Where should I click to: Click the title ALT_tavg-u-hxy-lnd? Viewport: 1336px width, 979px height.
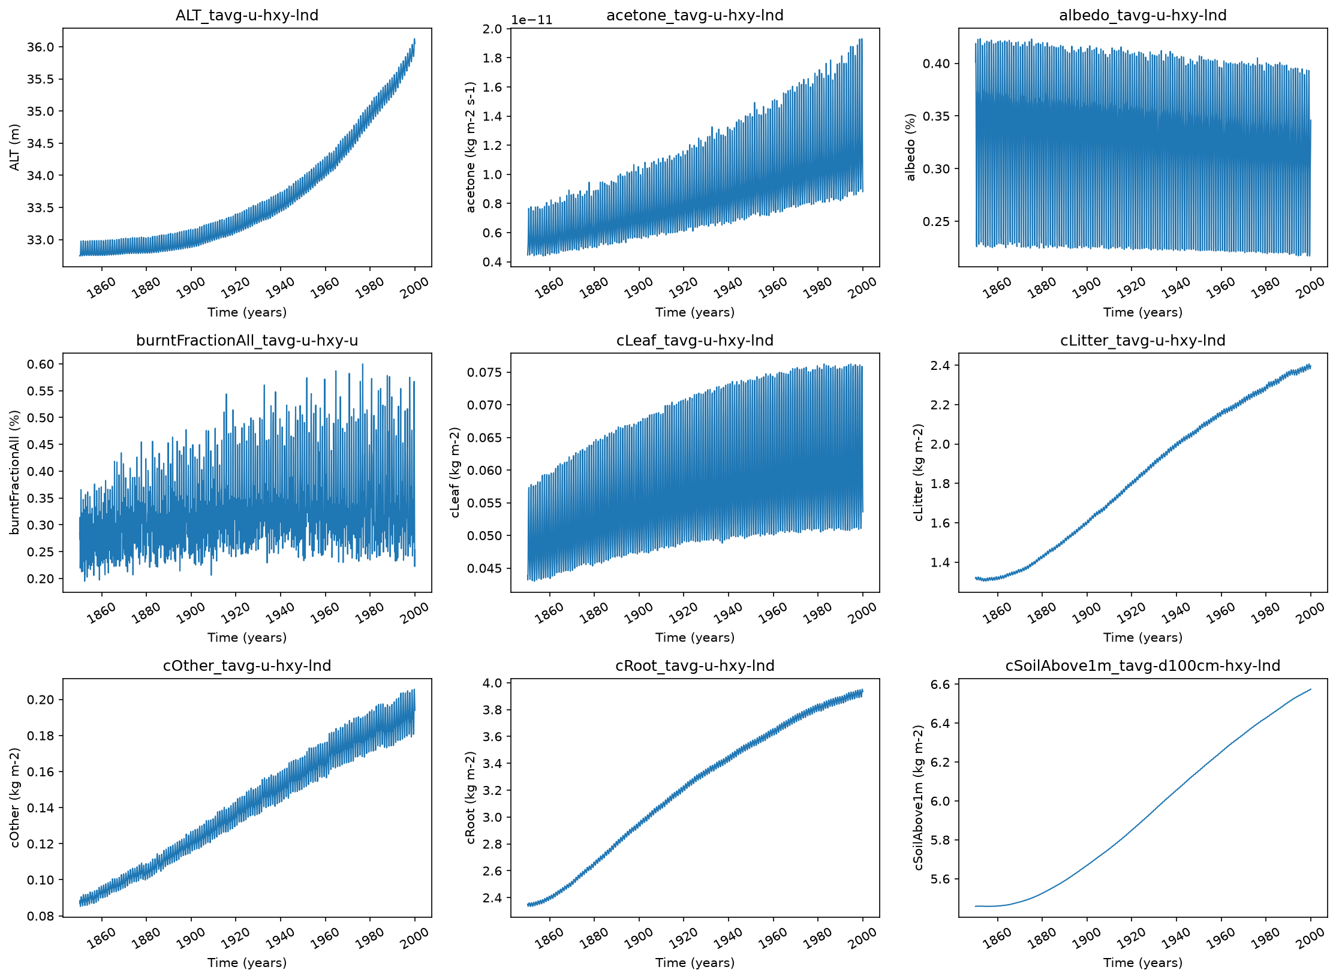point(246,15)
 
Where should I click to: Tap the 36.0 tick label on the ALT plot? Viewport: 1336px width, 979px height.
point(40,47)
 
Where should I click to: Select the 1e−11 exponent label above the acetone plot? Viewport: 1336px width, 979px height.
point(531,20)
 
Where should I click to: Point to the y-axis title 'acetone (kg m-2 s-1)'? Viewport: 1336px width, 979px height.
point(471,147)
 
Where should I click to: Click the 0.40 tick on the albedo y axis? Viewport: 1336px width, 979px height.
point(937,64)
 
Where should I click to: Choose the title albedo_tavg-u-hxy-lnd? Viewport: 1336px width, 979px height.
point(1143,15)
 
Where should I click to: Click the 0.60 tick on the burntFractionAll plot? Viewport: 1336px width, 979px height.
point(40,365)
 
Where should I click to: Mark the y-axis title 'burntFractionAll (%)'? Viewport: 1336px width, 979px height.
point(15,472)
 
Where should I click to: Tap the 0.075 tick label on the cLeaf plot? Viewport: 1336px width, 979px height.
point(485,372)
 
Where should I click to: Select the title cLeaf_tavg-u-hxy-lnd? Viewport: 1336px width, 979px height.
point(695,341)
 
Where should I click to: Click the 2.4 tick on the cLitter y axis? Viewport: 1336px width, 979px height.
point(940,365)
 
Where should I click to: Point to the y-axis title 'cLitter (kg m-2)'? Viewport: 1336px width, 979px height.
point(919,472)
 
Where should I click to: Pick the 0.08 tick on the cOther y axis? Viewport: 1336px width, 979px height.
point(40,916)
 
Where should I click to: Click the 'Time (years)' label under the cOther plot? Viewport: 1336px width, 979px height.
point(247,963)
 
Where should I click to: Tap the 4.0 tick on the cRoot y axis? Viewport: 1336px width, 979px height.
point(492,683)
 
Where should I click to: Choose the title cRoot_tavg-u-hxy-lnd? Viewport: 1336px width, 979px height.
point(695,666)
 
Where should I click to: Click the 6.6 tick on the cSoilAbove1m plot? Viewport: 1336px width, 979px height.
point(940,684)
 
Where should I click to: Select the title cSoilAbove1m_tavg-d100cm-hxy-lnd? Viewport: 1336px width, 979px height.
point(1143,666)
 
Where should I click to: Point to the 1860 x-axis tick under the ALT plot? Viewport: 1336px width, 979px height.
point(101,288)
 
